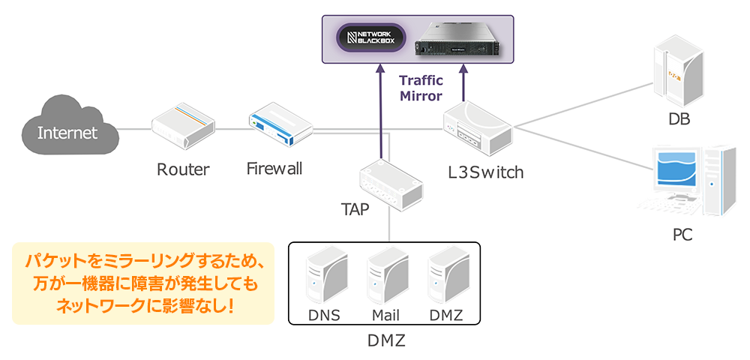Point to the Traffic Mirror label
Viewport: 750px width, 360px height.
421,88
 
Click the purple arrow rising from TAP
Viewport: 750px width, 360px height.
382,112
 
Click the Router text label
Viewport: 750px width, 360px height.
183,169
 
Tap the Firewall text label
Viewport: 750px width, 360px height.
274,168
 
